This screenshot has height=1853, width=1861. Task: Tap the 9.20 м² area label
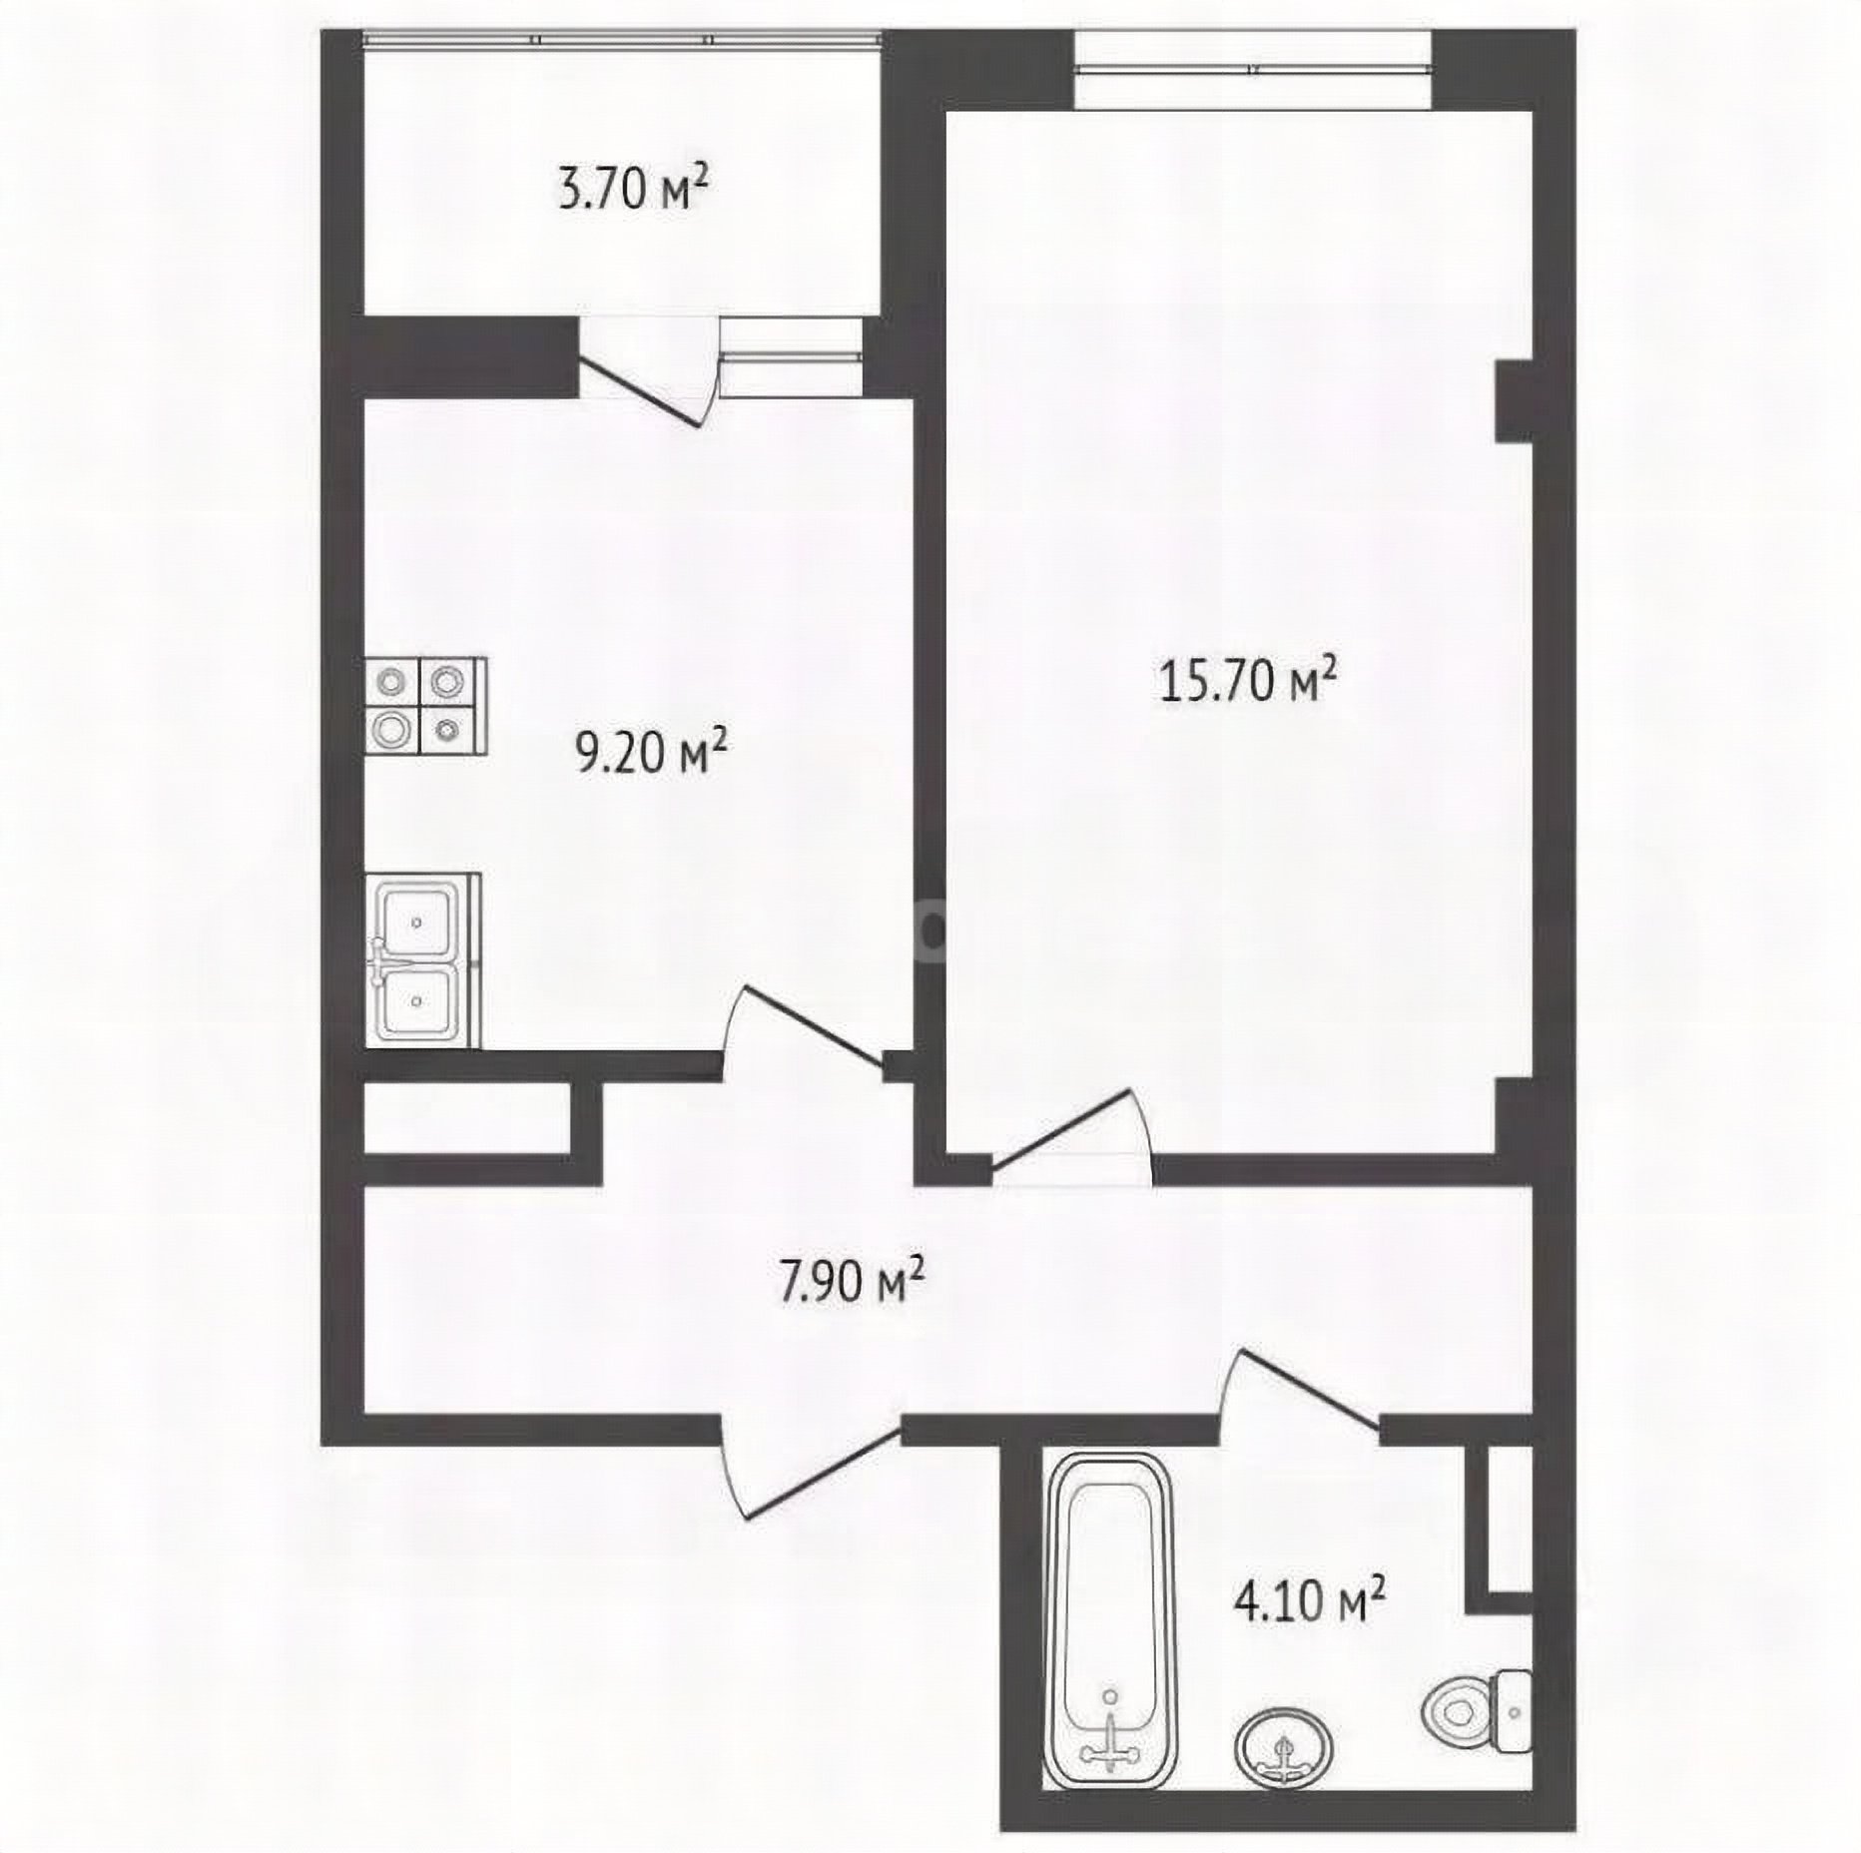[650, 751]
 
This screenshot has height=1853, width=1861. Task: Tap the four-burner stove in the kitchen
[425, 706]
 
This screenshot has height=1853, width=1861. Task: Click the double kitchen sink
[422, 960]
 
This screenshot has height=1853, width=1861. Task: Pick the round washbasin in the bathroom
[1283, 1747]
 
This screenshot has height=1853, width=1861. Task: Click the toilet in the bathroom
[1476, 1711]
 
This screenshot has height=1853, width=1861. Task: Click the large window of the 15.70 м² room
[1253, 69]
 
